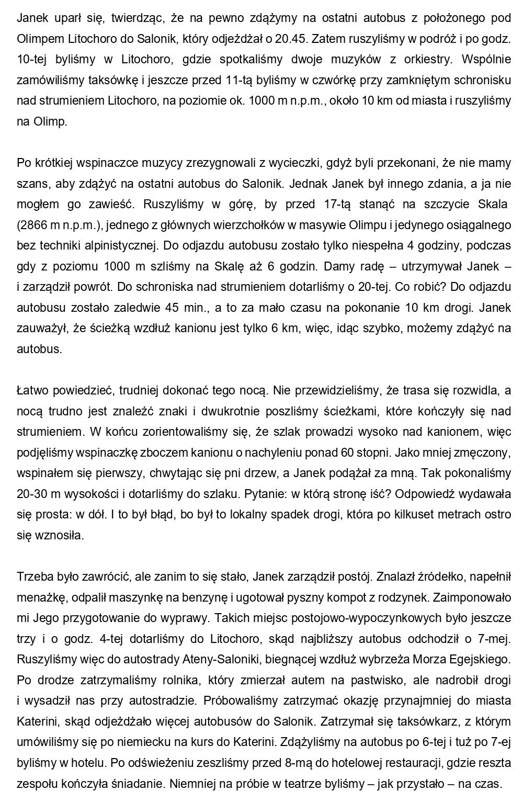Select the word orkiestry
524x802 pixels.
click(x=427, y=59)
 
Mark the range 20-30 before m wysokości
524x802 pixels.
click(x=33, y=494)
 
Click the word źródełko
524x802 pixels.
click(x=440, y=577)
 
